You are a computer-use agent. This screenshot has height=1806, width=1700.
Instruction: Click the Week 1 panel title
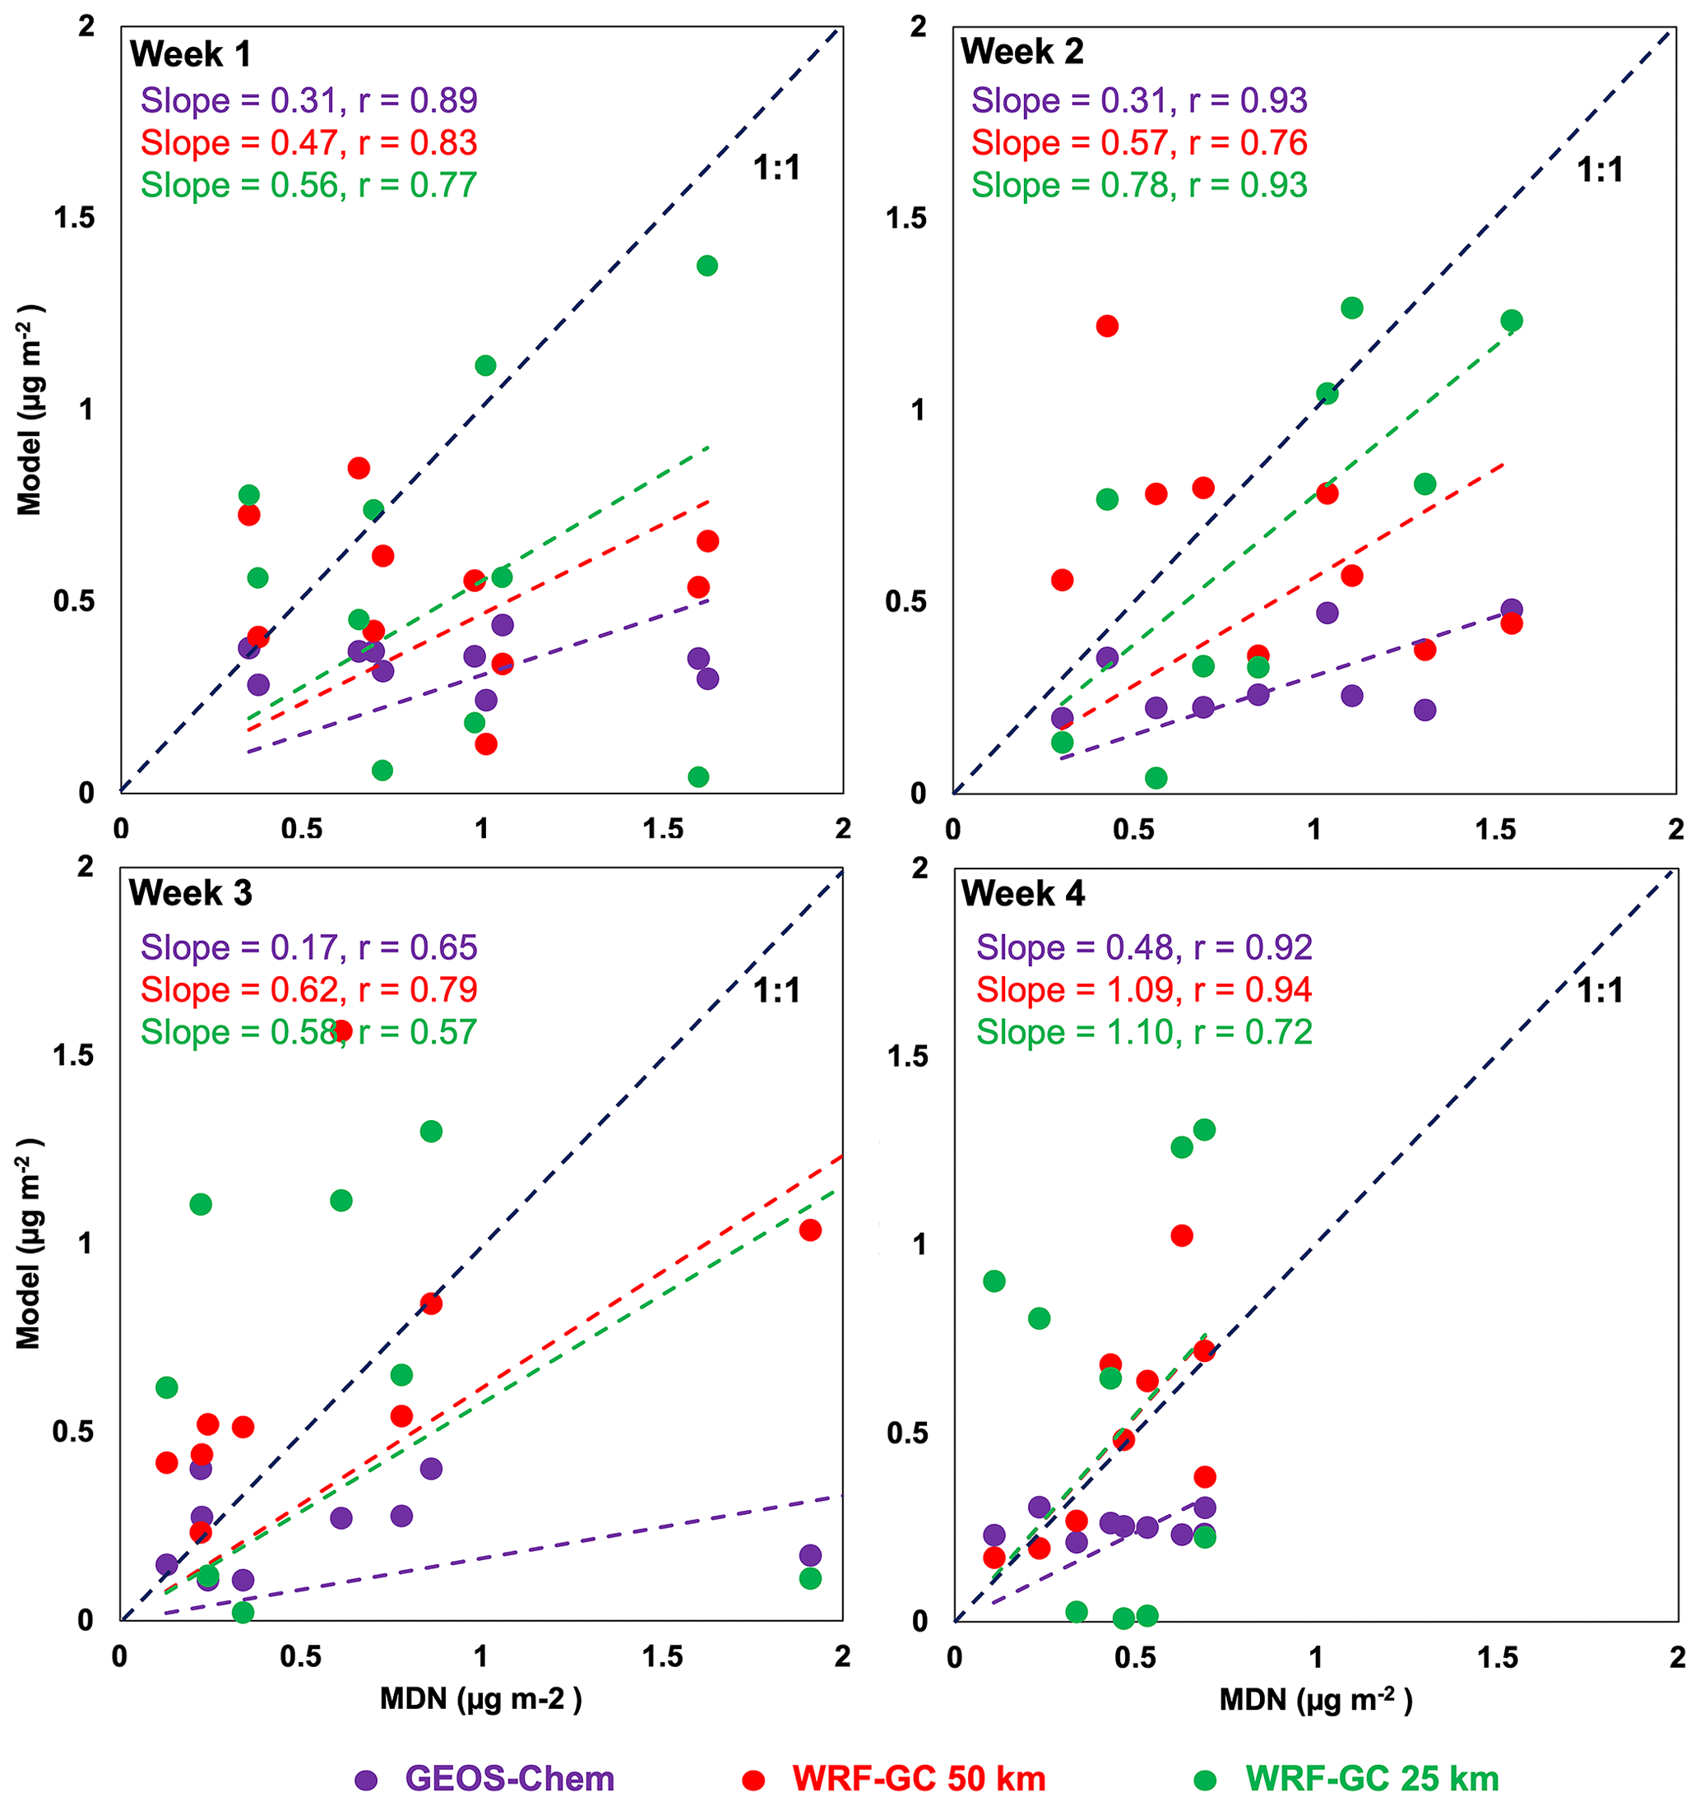click(x=190, y=54)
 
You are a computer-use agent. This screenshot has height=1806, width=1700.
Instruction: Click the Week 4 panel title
click(x=1022, y=894)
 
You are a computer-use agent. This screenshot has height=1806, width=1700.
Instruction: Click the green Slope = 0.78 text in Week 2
click(x=1138, y=185)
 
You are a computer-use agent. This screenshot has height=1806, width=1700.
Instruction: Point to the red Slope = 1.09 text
click(x=1144, y=989)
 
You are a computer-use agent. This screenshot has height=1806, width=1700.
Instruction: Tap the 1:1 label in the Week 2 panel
click(x=1599, y=170)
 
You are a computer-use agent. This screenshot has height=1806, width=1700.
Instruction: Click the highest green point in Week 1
click(x=707, y=266)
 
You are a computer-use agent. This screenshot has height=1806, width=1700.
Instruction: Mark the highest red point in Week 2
click(x=1107, y=326)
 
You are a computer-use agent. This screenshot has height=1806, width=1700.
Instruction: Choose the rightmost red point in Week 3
click(x=810, y=1230)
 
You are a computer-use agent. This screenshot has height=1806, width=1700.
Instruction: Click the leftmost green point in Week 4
click(x=994, y=1281)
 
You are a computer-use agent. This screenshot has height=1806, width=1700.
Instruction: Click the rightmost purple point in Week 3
click(x=810, y=1555)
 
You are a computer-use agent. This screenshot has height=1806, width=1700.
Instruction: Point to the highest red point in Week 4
click(x=1181, y=1235)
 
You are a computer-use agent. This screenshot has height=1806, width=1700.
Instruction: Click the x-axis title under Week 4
click(x=1316, y=1700)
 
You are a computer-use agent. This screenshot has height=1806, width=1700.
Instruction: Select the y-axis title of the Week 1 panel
click(x=30, y=410)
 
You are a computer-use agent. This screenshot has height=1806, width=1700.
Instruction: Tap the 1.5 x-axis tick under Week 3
click(x=662, y=1657)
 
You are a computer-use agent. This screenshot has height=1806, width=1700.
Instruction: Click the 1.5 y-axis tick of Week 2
click(x=906, y=218)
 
